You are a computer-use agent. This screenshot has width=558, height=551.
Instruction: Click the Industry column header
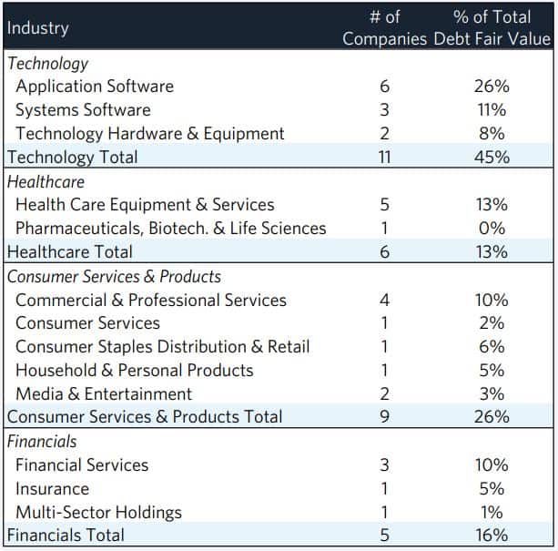coord(38,28)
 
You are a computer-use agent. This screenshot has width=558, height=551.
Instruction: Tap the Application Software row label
coord(95,87)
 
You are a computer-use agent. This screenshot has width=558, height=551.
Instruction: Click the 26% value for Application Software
coord(492,87)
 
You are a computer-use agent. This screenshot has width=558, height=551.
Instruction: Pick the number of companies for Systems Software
coord(383,110)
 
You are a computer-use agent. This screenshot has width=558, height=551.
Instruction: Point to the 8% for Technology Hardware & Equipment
coord(492,134)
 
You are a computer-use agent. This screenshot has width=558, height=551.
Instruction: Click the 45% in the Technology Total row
coord(492,158)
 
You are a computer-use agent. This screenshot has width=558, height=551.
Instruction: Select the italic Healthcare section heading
coord(46,181)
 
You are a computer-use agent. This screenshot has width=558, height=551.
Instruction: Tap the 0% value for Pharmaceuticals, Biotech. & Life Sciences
coord(492,229)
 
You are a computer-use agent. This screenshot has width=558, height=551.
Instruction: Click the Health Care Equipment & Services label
coord(145,205)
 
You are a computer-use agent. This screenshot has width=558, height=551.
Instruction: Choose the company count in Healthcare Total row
coord(383,252)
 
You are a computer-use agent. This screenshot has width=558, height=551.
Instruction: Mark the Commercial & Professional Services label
coord(151,300)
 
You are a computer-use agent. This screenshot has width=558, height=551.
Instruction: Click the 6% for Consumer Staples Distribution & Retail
coord(492,347)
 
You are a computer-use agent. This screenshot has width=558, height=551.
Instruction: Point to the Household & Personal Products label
coord(135,371)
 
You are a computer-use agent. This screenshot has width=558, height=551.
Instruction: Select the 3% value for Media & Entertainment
coord(492,394)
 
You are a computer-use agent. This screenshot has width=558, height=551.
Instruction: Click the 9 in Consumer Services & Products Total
coord(383,417)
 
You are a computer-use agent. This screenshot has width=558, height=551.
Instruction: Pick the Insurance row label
coord(52,489)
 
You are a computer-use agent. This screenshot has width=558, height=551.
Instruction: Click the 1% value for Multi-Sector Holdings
coord(492,512)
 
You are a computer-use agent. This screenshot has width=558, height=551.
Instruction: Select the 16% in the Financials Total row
coord(492,536)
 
